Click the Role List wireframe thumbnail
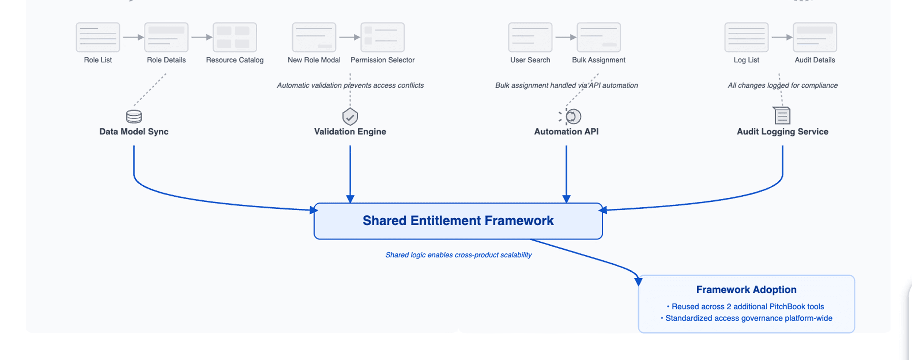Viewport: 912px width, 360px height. (x=98, y=37)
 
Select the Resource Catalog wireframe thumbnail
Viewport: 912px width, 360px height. (x=235, y=37)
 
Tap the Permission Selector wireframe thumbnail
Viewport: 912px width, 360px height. (x=382, y=37)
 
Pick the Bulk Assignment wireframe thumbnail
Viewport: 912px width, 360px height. (x=599, y=37)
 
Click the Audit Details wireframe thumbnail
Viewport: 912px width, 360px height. (x=815, y=37)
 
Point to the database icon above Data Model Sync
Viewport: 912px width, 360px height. (x=134, y=116)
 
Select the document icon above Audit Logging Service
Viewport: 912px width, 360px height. (x=782, y=115)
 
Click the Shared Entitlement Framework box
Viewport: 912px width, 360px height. (x=458, y=221)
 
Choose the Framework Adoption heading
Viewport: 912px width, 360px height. (x=746, y=290)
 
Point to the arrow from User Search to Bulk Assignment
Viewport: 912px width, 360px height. (x=566, y=37)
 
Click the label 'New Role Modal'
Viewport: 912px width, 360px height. (x=314, y=60)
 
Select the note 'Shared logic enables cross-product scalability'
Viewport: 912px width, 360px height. (x=458, y=255)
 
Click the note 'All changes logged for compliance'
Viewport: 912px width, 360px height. (x=783, y=85)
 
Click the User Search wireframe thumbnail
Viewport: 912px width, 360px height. (x=530, y=37)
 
